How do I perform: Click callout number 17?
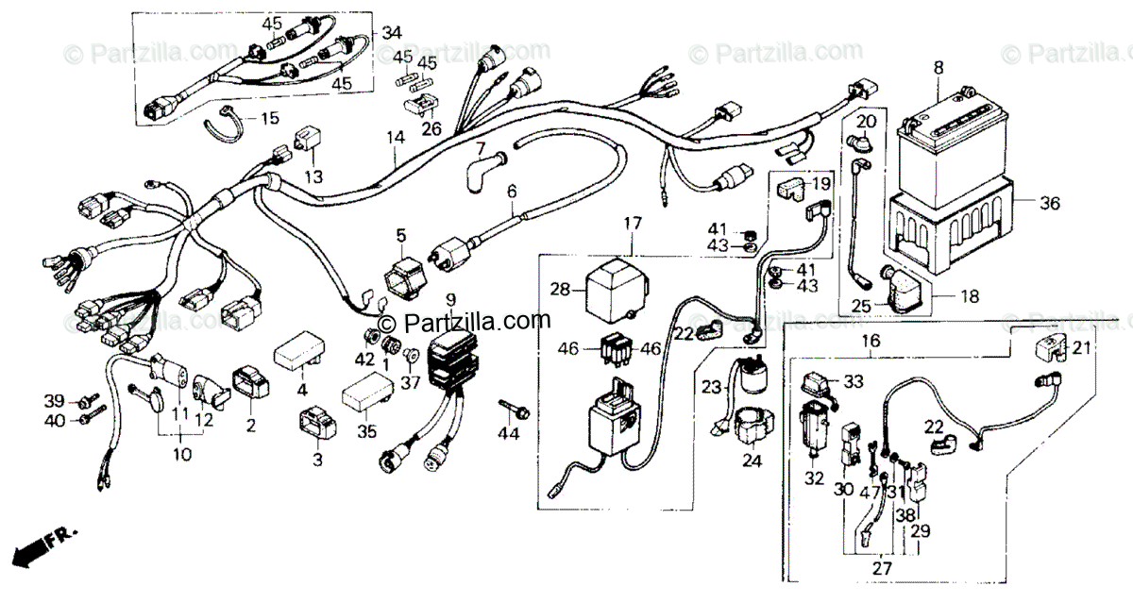632,225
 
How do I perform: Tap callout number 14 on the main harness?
395,139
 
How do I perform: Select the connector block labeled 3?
317,424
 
